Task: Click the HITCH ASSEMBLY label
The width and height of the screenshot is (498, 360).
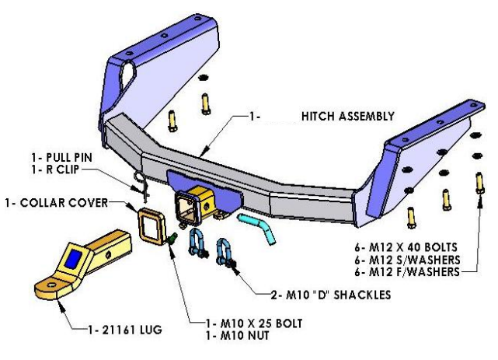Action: [347, 117]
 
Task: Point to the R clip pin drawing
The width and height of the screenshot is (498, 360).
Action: [141, 184]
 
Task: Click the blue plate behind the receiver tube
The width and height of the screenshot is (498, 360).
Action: [172, 183]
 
